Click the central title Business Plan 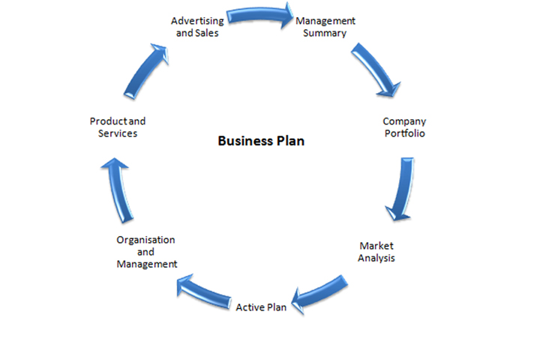261,141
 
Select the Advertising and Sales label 196,27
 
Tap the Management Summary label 325,27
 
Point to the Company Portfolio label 403,127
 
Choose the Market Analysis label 376,251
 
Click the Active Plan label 261,307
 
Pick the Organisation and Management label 146,252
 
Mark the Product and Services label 117,127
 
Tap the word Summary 325,33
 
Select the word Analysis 376,258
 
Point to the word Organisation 146,240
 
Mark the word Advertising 196,21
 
